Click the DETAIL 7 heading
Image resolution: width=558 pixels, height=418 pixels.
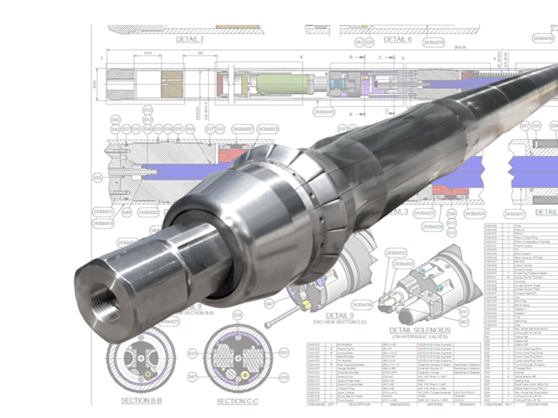(x=190, y=40)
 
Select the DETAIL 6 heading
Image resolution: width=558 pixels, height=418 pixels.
(x=398, y=40)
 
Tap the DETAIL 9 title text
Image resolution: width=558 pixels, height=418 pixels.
(x=340, y=316)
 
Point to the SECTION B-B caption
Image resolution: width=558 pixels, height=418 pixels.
(x=141, y=401)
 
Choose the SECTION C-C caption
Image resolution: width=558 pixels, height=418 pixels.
(x=238, y=401)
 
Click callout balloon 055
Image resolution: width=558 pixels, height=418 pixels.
(x=98, y=177)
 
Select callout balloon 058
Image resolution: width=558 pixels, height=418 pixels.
(x=190, y=129)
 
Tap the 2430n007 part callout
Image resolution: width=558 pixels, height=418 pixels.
(x=242, y=129)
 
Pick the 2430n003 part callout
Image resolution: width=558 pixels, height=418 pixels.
(x=148, y=212)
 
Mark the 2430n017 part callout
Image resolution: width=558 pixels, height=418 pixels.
(x=515, y=214)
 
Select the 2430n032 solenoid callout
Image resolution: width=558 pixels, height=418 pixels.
(x=396, y=253)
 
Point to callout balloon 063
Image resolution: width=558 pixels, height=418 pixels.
(x=464, y=322)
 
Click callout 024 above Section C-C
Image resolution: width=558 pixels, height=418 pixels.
(x=237, y=315)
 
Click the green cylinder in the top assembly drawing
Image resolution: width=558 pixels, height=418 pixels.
(x=282, y=85)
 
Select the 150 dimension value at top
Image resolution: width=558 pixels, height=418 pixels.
(x=199, y=53)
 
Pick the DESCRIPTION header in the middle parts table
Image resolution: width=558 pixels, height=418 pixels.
(x=360, y=404)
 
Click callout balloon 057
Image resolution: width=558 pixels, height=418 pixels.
(x=525, y=126)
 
